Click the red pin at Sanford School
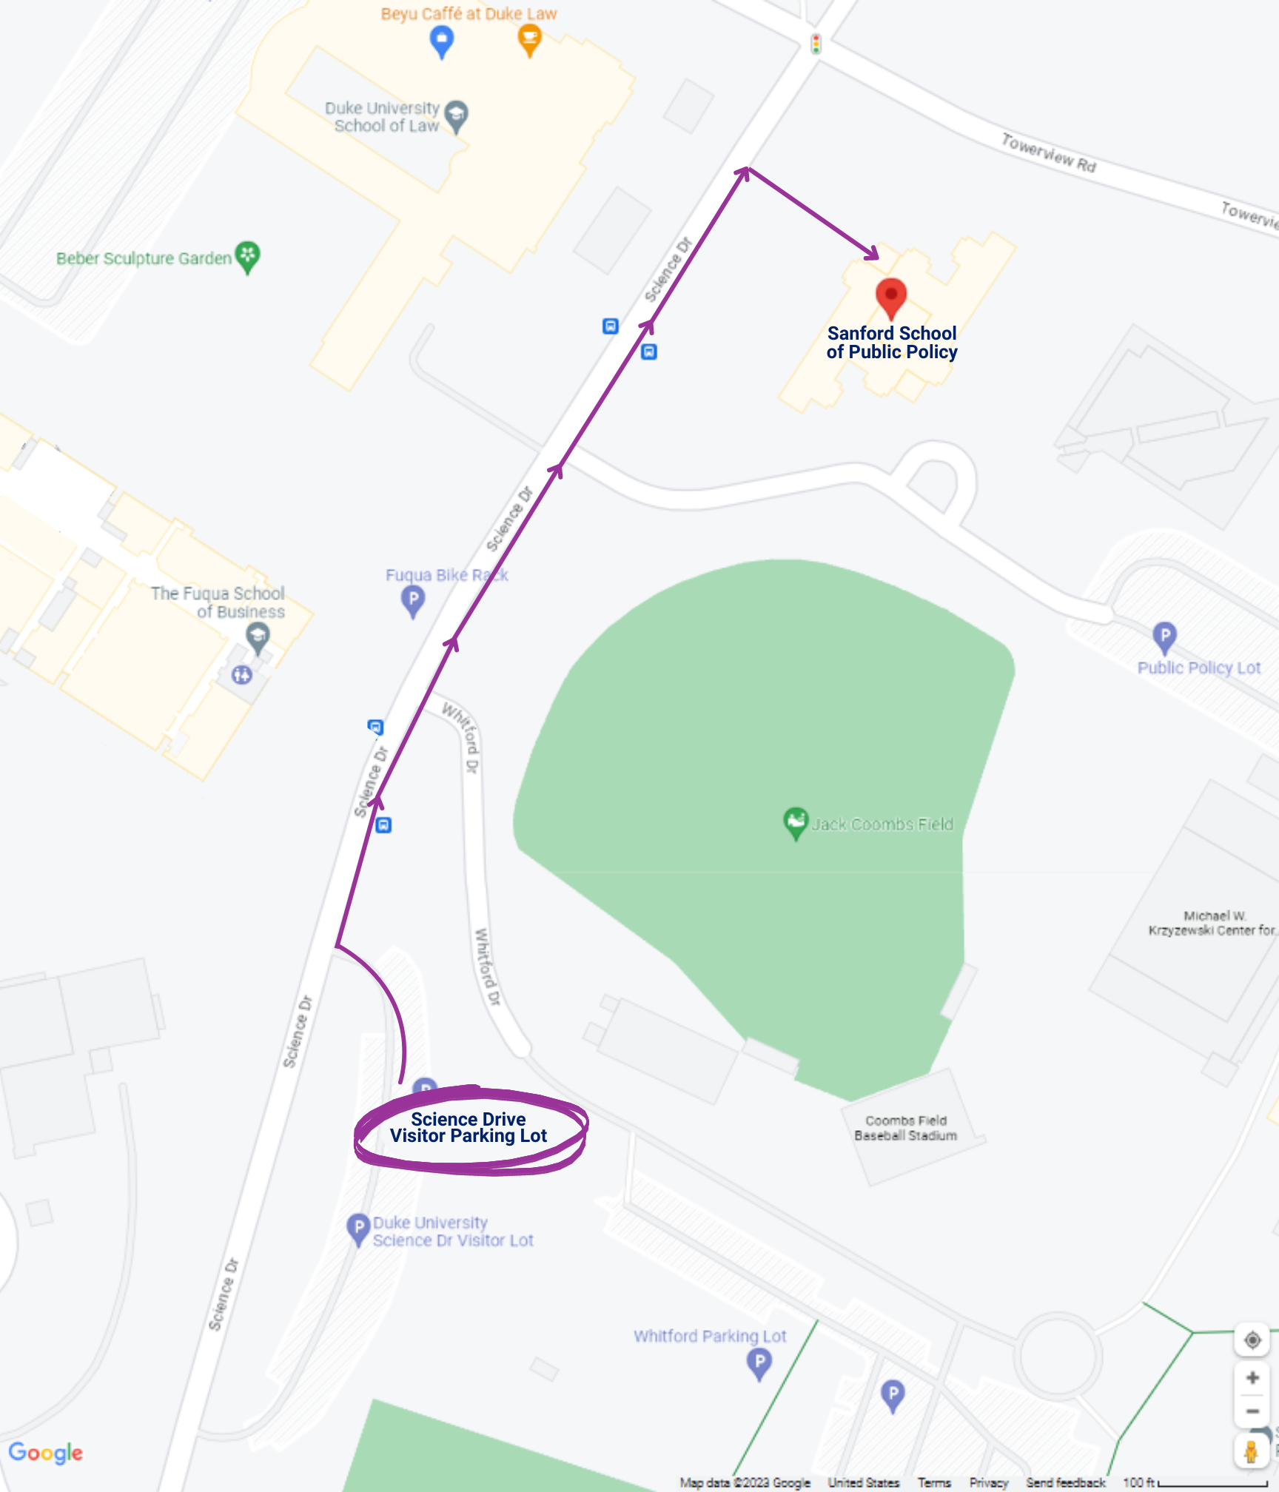pos(891,297)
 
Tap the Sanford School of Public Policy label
pos(892,343)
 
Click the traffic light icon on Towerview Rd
pos(816,44)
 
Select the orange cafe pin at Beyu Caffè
pos(529,39)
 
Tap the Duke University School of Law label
pos(382,117)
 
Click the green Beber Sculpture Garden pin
pos(248,256)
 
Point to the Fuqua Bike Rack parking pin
pos(413,600)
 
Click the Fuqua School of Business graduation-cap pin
pos(258,636)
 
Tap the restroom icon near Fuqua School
pos(242,674)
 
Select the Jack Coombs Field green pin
pos(795,821)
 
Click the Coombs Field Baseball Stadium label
pos(905,1128)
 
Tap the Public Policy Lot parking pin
pos(1164,636)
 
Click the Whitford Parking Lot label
pos(709,1336)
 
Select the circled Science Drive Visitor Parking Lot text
pos(469,1128)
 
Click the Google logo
pos(46,1452)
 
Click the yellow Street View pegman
pos(1251,1452)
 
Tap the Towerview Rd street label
pos(1048,152)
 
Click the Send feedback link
pos(1065,1482)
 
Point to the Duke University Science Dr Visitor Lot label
pos(452,1231)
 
